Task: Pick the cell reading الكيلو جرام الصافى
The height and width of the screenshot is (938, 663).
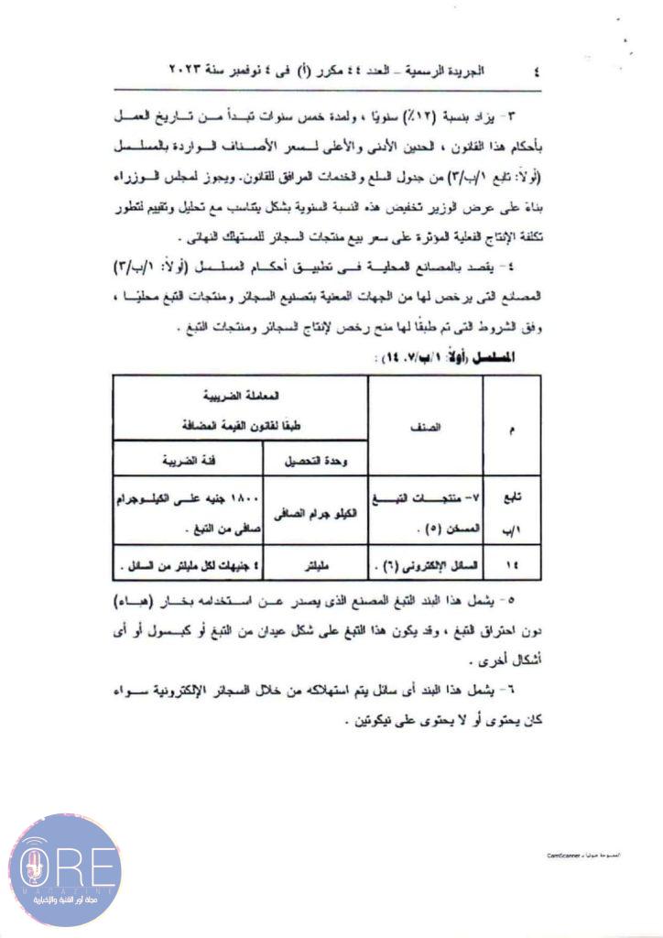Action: (313, 516)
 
